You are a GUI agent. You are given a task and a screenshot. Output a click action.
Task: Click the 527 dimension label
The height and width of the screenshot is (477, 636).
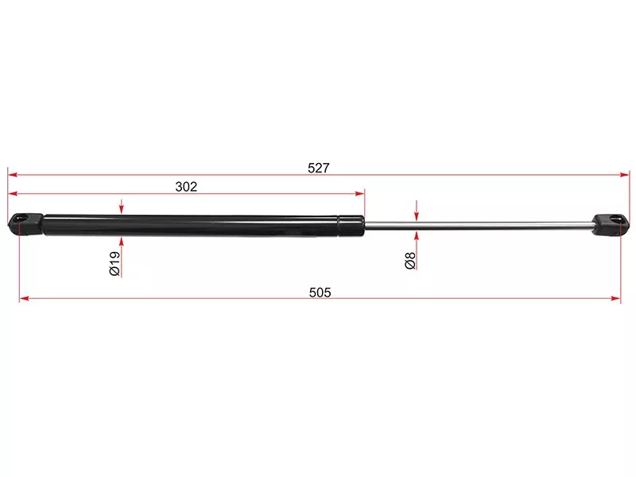coord(319,168)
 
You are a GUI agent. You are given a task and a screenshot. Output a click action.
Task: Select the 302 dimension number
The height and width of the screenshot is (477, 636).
coord(186,186)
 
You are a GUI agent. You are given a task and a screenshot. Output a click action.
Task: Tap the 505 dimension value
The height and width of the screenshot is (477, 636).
coord(320,292)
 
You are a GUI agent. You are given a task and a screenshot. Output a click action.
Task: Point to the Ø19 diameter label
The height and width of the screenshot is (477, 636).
coord(114,263)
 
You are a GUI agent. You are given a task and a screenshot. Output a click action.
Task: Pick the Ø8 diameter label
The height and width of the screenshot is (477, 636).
coord(410,260)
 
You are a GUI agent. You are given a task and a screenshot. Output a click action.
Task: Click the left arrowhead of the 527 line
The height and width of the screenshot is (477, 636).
coord(13,175)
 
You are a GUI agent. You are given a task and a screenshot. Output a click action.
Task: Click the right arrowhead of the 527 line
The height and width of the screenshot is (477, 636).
coord(624,175)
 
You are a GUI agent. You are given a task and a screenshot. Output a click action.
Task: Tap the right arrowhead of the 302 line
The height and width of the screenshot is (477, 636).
coord(359,193)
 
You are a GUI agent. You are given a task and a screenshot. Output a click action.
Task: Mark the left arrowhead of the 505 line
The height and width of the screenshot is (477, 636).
coord(25,299)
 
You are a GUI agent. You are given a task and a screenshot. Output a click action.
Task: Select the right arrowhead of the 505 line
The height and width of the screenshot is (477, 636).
coord(615,299)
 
